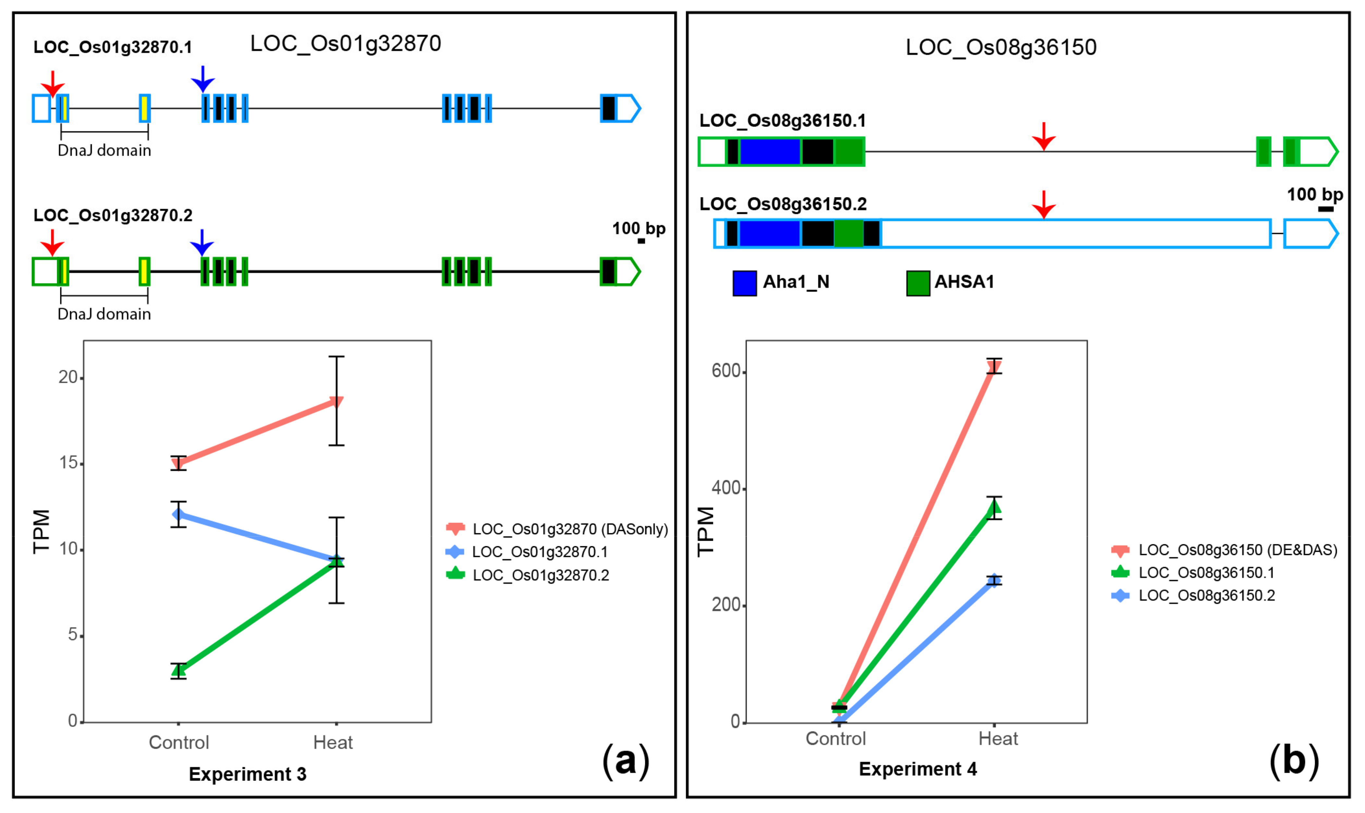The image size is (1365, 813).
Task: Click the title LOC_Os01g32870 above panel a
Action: tap(345, 44)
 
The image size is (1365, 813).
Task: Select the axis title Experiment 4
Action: tap(918, 769)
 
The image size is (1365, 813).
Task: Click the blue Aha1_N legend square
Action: tap(744, 283)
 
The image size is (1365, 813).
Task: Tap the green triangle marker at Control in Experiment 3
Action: tap(178, 669)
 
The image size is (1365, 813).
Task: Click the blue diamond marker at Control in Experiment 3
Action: tap(178, 514)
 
